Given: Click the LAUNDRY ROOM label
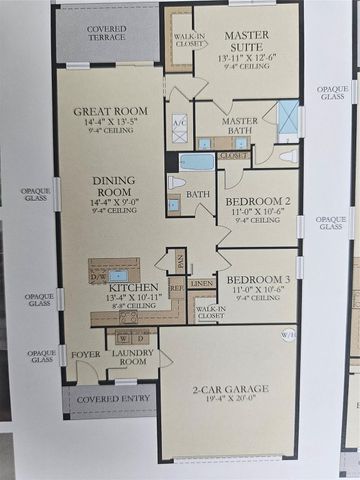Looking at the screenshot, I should tap(131, 357).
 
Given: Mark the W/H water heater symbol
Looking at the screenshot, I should tap(289, 335).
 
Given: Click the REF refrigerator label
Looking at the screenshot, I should tap(175, 286).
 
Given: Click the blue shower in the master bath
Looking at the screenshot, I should tap(288, 117).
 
